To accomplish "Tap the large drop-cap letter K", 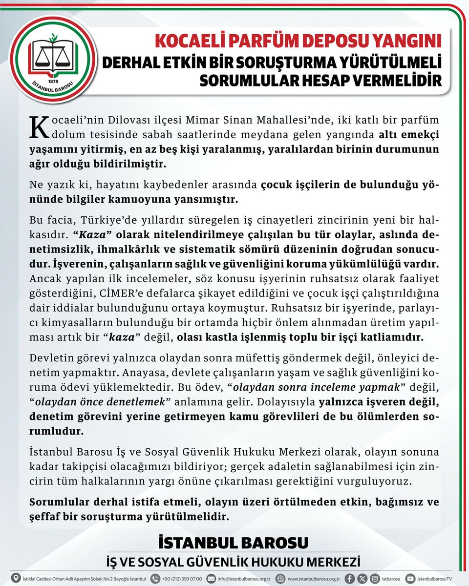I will [x=41, y=126].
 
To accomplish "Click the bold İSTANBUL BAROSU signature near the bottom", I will [x=234, y=543].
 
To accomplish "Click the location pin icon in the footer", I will [x=16, y=578].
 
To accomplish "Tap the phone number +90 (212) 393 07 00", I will [x=181, y=579].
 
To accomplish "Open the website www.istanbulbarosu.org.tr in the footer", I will [x=313, y=579].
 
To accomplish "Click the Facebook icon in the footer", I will [x=350, y=578].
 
